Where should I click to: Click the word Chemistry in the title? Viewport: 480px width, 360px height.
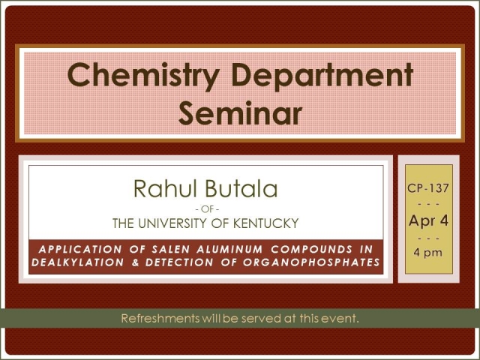[x=143, y=76]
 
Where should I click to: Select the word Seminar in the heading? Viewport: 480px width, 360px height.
[x=240, y=113]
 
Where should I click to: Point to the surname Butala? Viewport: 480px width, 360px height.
[x=241, y=188]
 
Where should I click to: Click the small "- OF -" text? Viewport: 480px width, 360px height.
[x=207, y=209]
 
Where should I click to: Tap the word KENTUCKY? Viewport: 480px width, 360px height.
[x=265, y=223]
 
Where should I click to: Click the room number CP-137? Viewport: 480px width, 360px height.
[x=428, y=188]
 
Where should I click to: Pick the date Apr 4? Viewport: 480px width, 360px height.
[x=428, y=220]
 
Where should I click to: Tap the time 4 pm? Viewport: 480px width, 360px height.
[x=428, y=253]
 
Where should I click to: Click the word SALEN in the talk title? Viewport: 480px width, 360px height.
[x=171, y=250]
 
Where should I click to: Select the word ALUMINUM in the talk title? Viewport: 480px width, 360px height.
[x=229, y=250]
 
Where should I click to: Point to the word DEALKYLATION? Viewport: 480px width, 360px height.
[x=78, y=262]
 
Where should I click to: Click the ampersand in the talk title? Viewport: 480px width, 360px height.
[x=135, y=262]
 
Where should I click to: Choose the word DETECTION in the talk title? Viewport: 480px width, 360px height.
[x=179, y=262]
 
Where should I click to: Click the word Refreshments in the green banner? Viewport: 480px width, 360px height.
[x=160, y=318]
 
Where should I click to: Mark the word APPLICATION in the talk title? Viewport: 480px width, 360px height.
[x=80, y=250]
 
